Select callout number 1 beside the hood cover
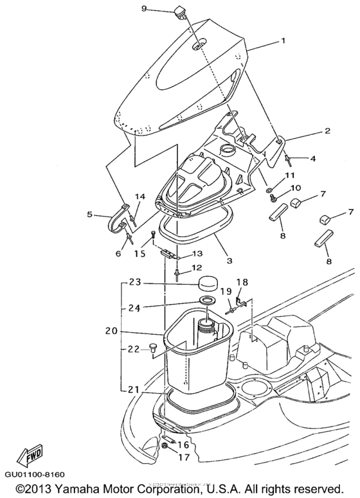(x=282, y=40)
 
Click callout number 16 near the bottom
(x=183, y=444)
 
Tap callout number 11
(x=289, y=175)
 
